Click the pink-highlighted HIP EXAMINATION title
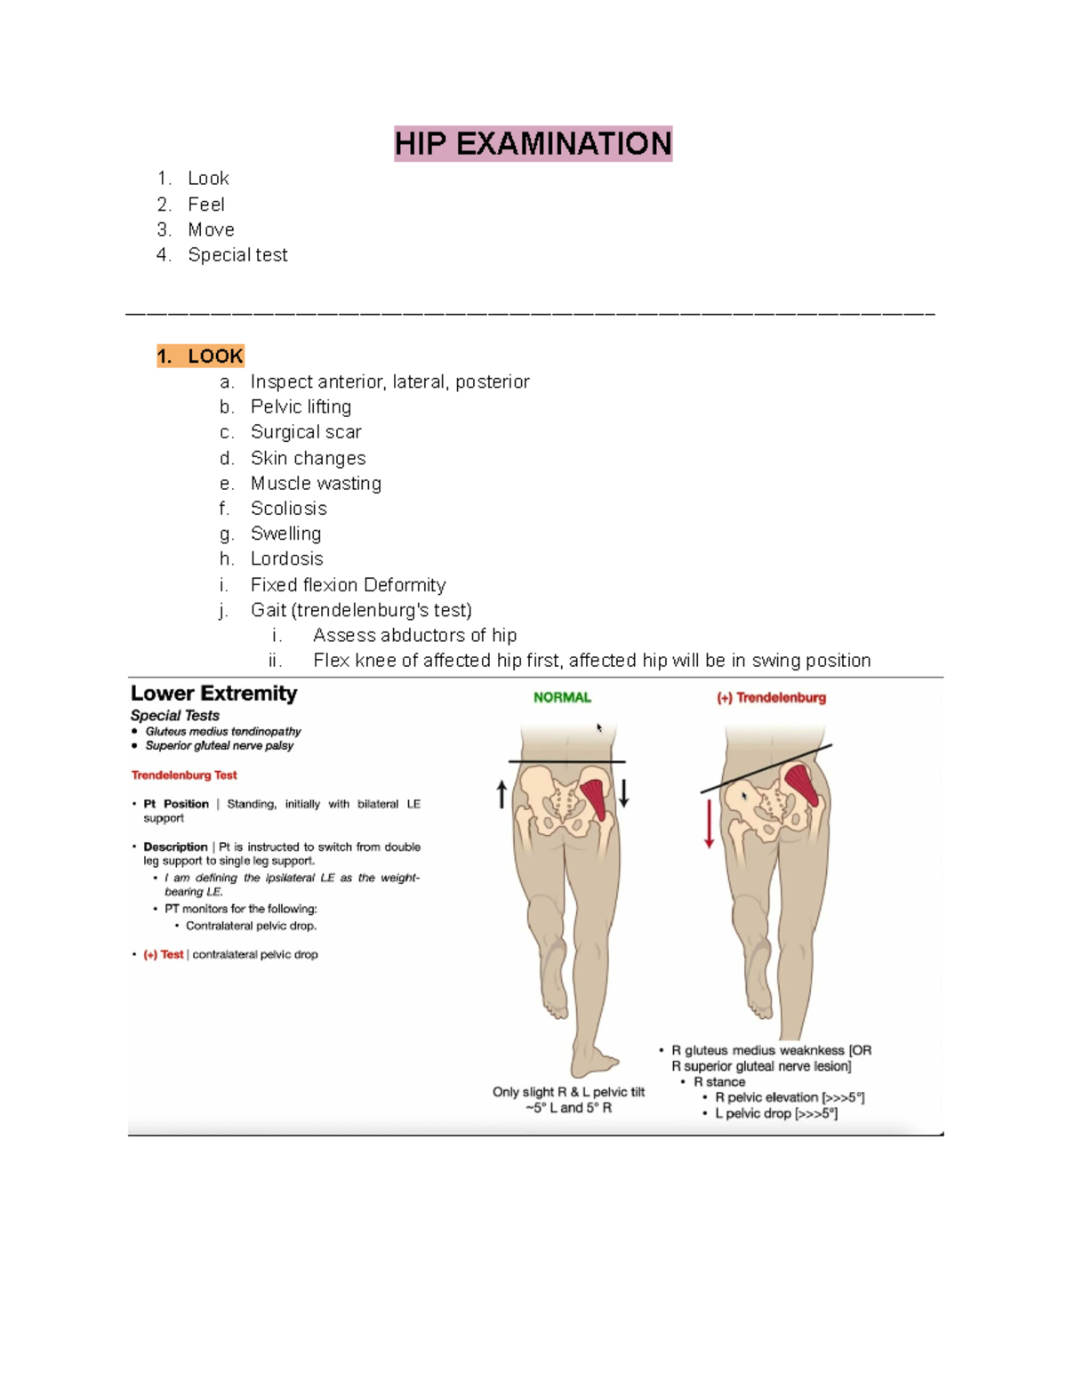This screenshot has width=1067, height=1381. point(533,143)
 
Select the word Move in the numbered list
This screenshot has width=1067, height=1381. point(211,229)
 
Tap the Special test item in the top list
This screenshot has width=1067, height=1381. point(237,255)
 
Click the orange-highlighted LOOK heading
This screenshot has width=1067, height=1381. point(200,357)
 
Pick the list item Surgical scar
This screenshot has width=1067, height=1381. point(306,432)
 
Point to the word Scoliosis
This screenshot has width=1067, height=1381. point(288,509)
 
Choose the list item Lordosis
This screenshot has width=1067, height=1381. point(286,559)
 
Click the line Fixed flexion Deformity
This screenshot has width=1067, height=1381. point(348,585)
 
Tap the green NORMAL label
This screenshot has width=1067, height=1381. point(562,698)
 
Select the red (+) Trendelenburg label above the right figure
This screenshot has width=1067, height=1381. point(772,698)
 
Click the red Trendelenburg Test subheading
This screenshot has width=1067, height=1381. point(184,775)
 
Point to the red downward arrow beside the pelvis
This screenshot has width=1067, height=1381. point(709,823)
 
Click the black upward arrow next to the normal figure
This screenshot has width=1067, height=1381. point(502,793)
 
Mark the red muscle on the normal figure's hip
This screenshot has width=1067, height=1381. point(593,798)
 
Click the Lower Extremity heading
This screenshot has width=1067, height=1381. point(213,694)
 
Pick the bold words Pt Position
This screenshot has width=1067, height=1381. point(176,804)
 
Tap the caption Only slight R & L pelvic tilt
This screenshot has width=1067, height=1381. point(568,1092)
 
